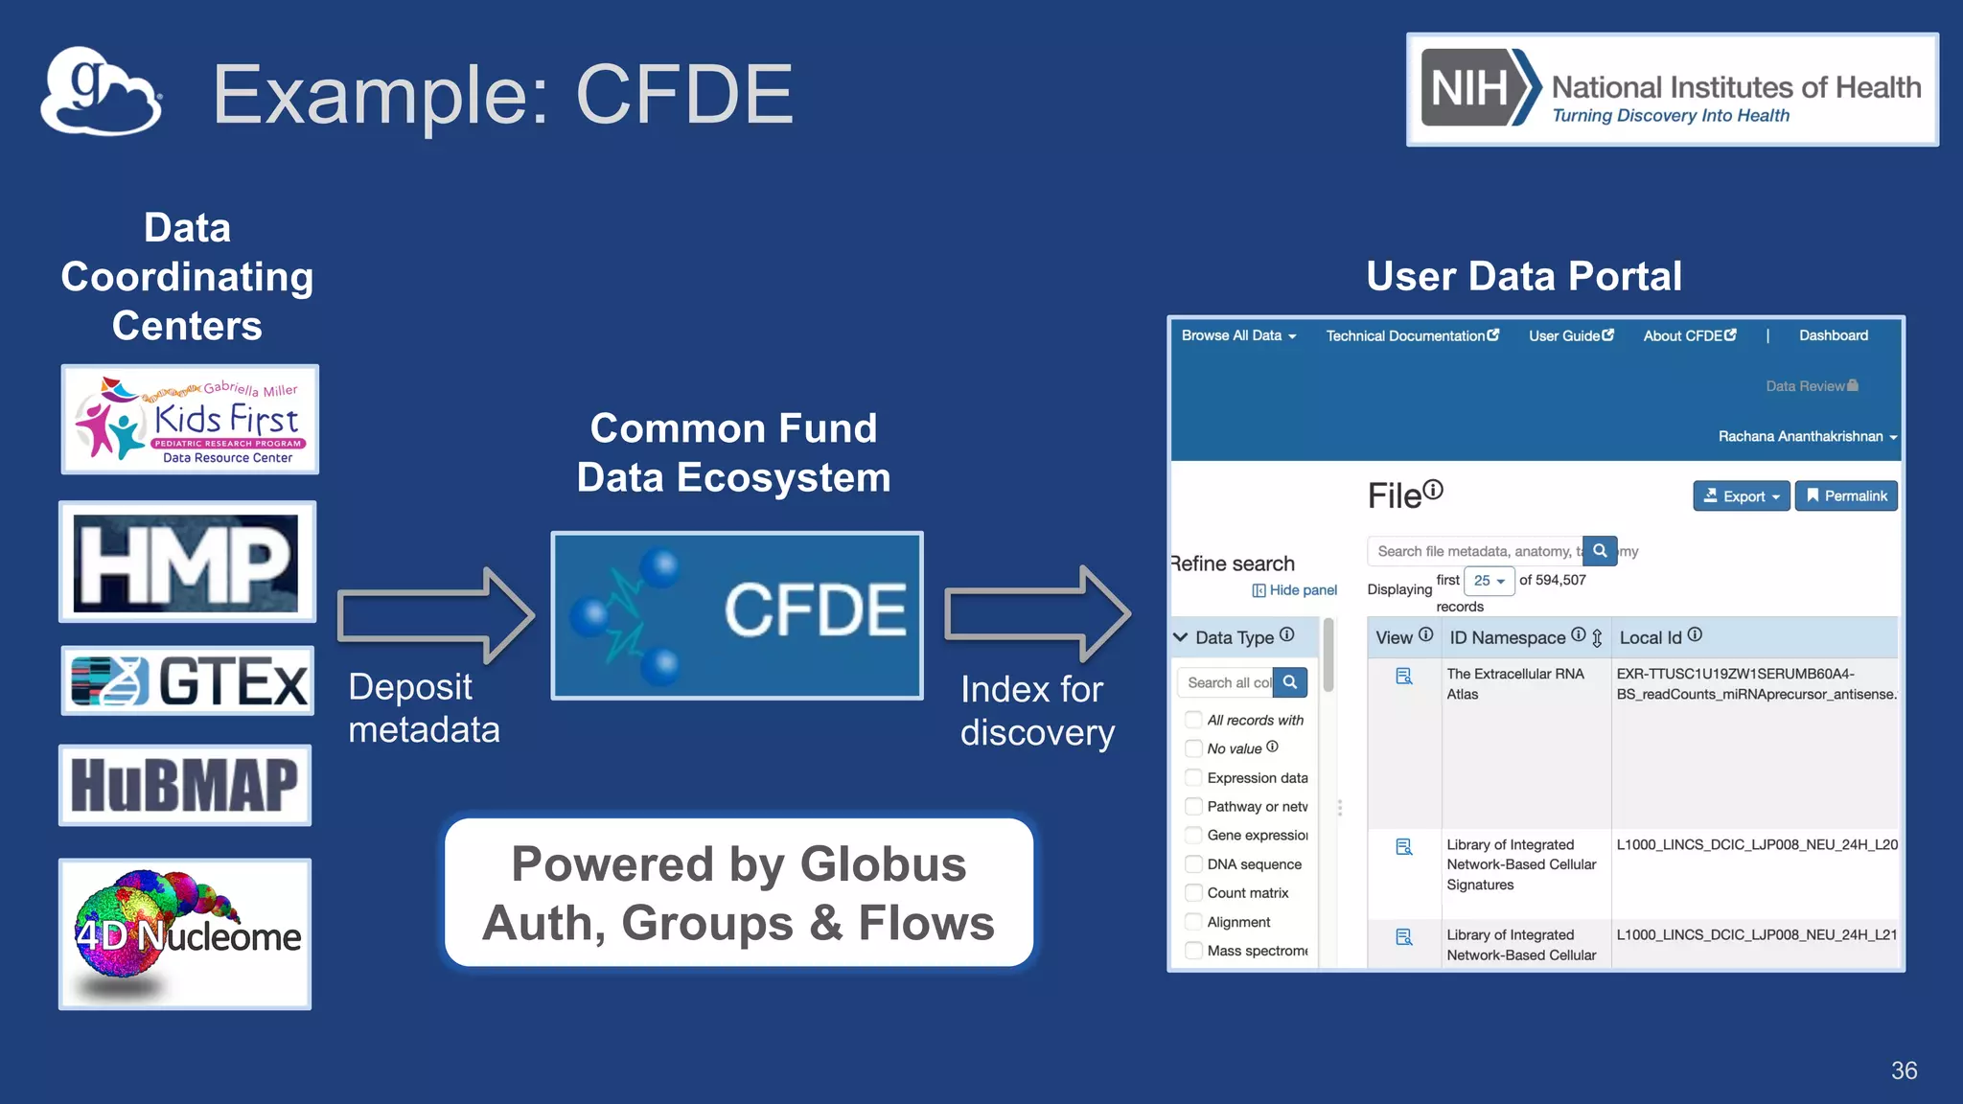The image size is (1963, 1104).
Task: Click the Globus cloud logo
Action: coord(101,92)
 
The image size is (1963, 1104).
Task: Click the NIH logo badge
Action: coord(1672,90)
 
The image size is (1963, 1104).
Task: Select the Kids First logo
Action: coord(190,420)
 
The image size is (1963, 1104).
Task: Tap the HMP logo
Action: coord(187,562)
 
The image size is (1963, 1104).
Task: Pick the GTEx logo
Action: coord(188,681)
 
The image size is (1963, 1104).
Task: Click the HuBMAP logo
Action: coord(185,785)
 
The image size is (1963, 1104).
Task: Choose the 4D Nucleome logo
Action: coord(185,933)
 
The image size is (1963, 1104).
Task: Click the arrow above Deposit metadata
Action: coord(435,615)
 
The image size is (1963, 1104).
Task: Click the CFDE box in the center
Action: coord(736,615)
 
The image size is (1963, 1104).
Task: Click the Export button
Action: coord(1741,496)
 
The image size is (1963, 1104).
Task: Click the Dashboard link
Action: coord(1833,335)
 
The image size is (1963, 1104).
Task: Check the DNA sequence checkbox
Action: coord(1193,864)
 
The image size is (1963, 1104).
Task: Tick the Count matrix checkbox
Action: coord(1193,893)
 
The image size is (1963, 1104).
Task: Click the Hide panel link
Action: coord(1295,590)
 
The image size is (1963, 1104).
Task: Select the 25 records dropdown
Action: coord(1489,581)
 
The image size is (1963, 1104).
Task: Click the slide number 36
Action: coord(1904,1070)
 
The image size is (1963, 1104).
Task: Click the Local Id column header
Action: coord(1651,637)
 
